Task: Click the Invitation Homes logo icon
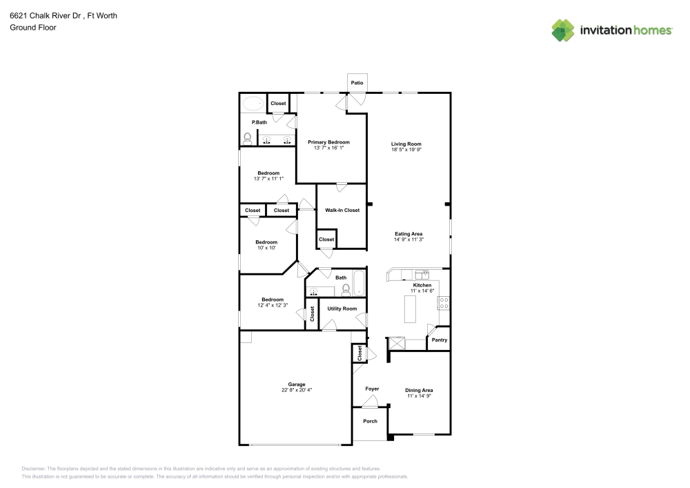[563, 30]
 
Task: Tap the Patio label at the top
[357, 83]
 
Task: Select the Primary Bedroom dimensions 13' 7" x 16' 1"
[328, 148]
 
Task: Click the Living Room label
[406, 144]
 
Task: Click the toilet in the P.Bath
[248, 138]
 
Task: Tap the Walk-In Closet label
[342, 210]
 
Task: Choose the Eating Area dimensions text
[408, 240]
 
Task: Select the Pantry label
[439, 340]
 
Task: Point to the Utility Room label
[342, 309]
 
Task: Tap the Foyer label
[372, 389]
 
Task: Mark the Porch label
[371, 421]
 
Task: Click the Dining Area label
[419, 390]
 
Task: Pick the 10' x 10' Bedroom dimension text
[266, 248]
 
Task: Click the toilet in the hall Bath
[346, 289]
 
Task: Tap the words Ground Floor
[33, 28]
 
